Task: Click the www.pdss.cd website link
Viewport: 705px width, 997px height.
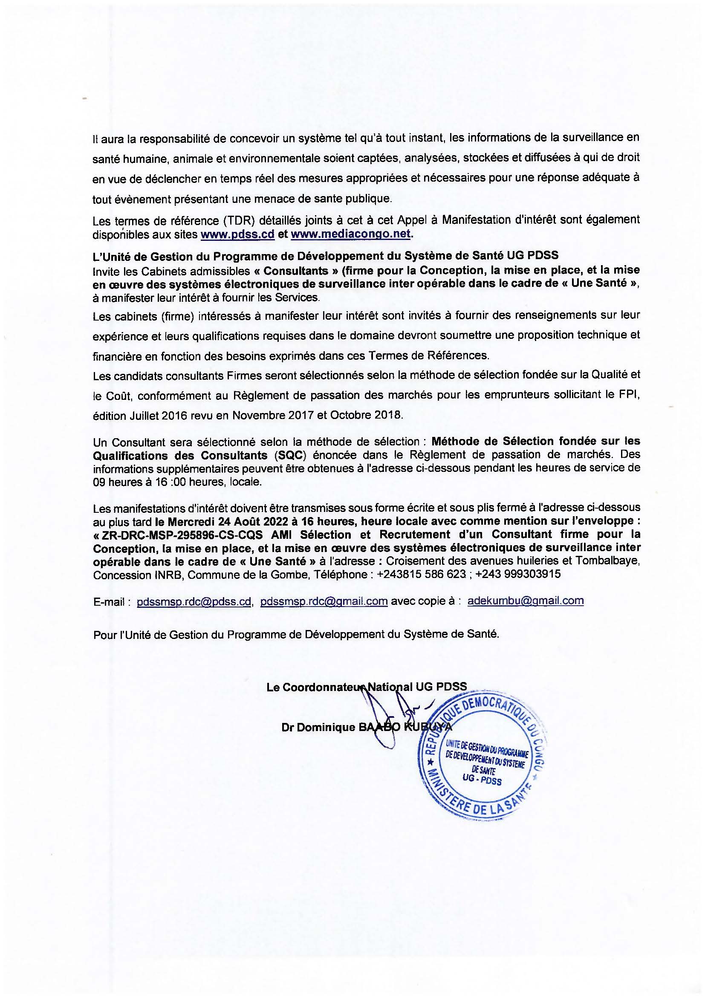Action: (237, 234)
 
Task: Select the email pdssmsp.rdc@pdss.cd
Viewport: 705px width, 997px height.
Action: (194, 601)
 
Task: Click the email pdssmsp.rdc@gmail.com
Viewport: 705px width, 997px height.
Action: (324, 601)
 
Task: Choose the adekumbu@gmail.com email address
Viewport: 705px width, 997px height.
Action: (525, 601)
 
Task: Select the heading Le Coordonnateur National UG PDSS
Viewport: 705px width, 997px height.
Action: (367, 687)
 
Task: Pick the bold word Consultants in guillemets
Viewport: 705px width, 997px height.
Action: (296, 271)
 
